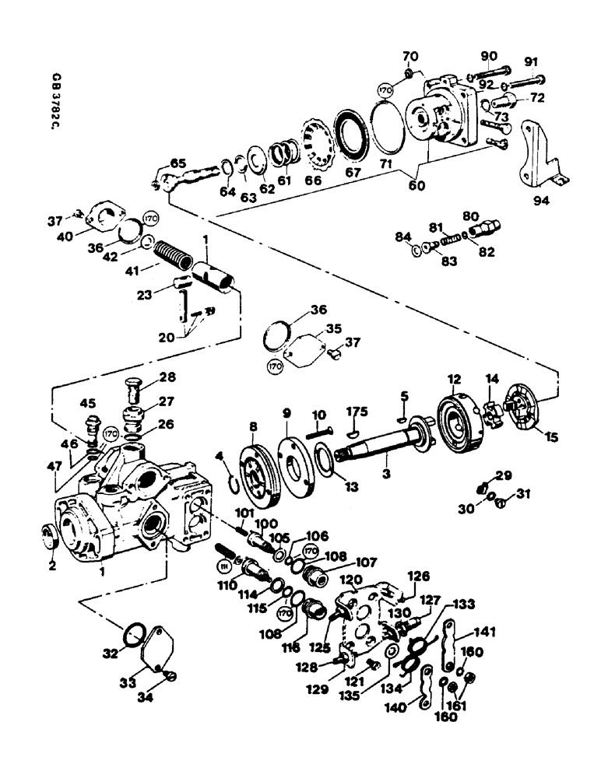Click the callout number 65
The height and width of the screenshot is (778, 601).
pos(178,164)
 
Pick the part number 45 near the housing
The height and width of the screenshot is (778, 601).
pos(88,403)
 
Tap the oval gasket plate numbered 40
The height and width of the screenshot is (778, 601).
pos(104,218)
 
